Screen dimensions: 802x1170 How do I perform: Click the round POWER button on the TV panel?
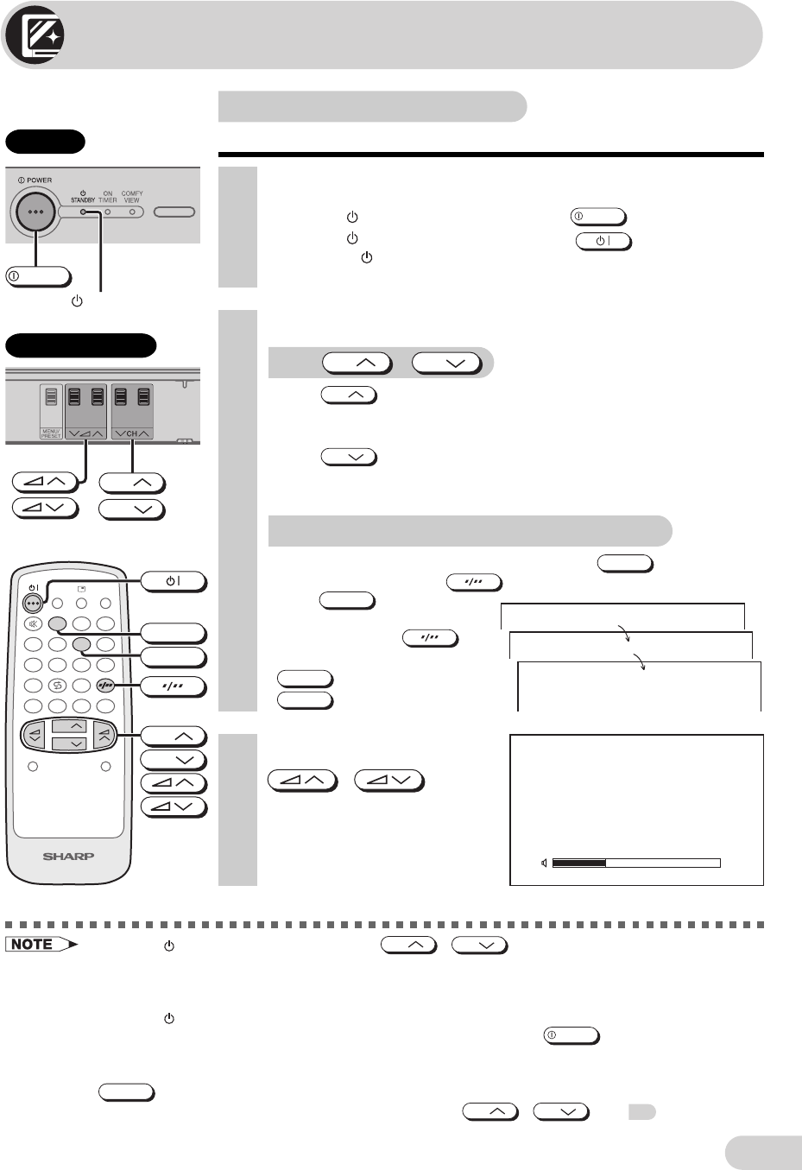pyautogui.click(x=35, y=212)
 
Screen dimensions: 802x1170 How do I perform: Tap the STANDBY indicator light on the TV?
pyautogui.click(x=83, y=212)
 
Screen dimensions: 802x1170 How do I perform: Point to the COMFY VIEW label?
pyautogui.click(x=132, y=197)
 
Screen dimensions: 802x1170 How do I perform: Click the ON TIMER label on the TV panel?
pyautogui.click(x=108, y=197)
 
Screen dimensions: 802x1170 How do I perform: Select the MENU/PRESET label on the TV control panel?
pyautogui.click(x=52, y=432)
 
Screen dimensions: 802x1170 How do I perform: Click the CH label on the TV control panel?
pyautogui.click(x=132, y=433)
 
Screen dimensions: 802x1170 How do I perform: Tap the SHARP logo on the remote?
pyautogui.click(x=69, y=857)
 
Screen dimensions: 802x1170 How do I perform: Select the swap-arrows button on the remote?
pyautogui.click(x=58, y=686)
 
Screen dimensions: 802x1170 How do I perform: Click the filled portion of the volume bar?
pyautogui.click(x=579, y=863)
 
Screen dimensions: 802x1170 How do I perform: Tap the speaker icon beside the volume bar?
pyautogui.click(x=544, y=863)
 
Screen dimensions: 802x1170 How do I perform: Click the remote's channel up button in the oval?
pyautogui.click(x=70, y=726)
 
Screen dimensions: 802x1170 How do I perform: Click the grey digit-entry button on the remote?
pyautogui.click(x=106, y=686)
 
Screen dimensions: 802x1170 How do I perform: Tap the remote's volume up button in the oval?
pyautogui.click(x=104, y=735)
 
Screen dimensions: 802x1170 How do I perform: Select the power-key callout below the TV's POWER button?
pyautogui.click(x=38, y=277)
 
